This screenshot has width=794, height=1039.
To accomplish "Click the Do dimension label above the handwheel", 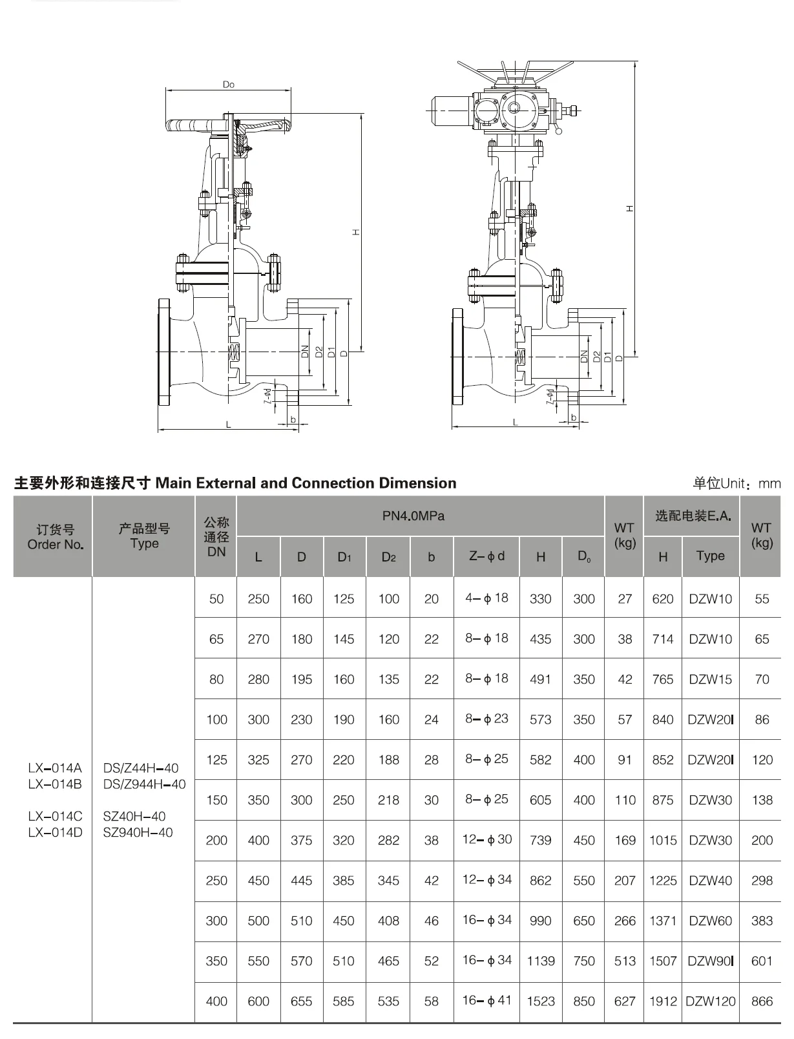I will click(x=228, y=85).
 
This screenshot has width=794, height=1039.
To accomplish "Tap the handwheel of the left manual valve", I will click(x=194, y=125).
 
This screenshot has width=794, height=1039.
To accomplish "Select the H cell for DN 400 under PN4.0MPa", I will click(x=540, y=1001).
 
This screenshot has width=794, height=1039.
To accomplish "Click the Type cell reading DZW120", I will click(x=710, y=1001).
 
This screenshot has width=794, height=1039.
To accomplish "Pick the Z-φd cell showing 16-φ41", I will click(x=486, y=1000).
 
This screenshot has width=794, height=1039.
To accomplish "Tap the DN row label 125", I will click(x=216, y=760).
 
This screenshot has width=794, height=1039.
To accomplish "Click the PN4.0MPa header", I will click(x=413, y=516).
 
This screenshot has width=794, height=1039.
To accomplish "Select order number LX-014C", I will click(x=55, y=816).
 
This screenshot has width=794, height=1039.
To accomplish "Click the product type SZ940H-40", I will click(x=138, y=832).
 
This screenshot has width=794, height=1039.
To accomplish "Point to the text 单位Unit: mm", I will click(x=737, y=483).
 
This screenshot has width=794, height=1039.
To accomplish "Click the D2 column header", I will click(x=388, y=557).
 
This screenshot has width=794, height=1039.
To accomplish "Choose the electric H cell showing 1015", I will click(x=662, y=840).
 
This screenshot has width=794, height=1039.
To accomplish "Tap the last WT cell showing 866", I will click(x=762, y=1001).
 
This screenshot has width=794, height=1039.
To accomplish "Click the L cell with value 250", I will click(x=258, y=599).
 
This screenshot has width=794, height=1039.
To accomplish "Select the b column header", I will click(x=431, y=557).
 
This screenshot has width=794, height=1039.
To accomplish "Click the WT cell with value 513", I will click(x=624, y=961).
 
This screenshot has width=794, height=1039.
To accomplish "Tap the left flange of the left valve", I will click(x=163, y=352).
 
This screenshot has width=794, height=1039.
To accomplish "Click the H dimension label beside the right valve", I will click(x=629, y=209).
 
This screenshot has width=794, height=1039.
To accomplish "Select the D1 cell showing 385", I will click(x=344, y=881).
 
